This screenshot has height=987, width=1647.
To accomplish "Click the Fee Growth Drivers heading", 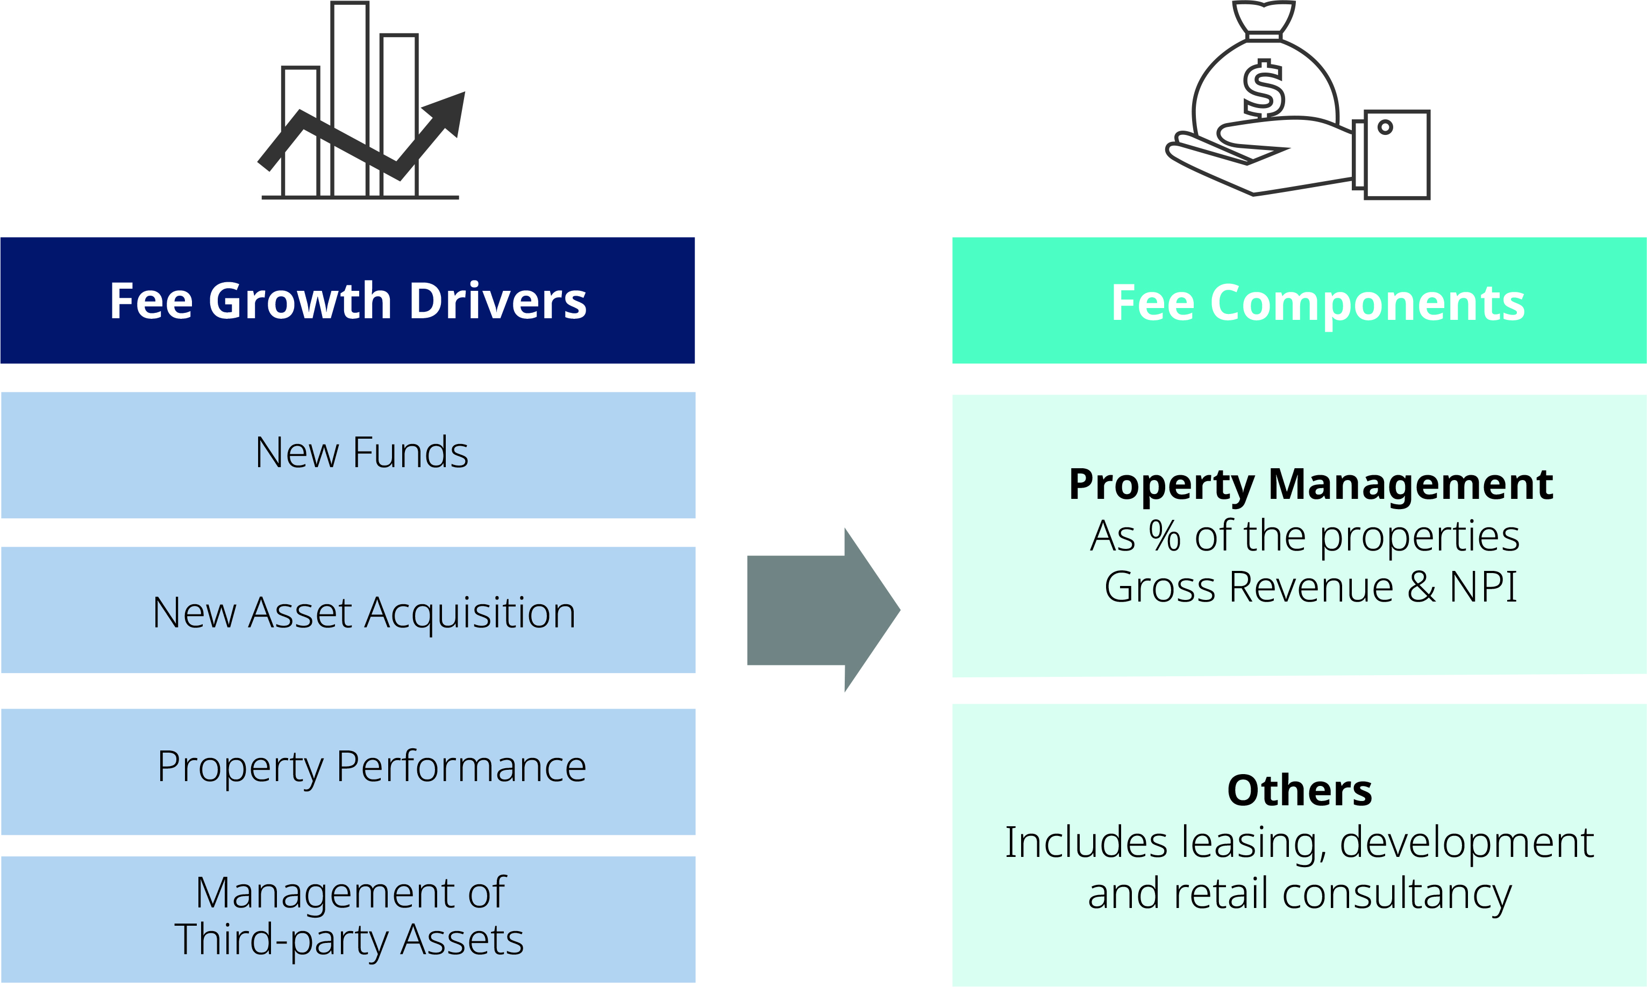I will click(348, 301).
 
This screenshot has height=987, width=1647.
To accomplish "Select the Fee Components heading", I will click(1318, 303).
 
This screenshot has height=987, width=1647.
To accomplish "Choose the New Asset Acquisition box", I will click(364, 612).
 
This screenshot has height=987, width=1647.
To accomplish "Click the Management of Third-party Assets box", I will click(349, 916).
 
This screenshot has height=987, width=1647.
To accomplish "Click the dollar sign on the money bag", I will click(1263, 90).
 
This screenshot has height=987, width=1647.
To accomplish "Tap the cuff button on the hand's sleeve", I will click(1385, 127).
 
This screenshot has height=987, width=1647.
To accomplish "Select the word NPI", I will click(1482, 587).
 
